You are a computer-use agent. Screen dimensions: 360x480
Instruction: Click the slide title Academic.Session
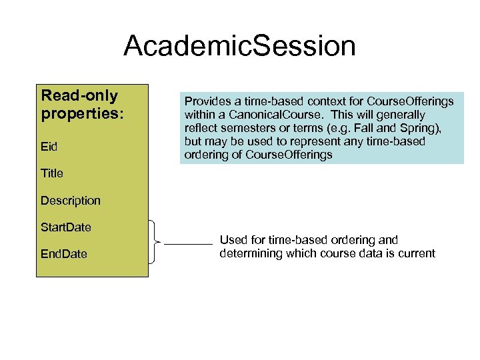click(x=239, y=46)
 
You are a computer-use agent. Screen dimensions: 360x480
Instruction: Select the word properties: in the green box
click(x=82, y=113)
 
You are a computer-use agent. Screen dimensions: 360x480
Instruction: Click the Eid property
click(x=48, y=147)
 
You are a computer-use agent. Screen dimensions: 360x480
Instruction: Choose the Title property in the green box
click(x=52, y=173)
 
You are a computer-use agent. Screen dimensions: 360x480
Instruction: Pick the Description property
click(x=71, y=201)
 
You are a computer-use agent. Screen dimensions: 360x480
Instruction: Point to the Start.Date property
click(x=66, y=227)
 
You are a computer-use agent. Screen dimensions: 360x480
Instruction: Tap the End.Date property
click(x=63, y=255)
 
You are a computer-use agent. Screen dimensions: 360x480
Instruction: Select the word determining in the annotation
click(x=250, y=253)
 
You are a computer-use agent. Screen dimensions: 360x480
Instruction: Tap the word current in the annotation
click(x=415, y=253)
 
